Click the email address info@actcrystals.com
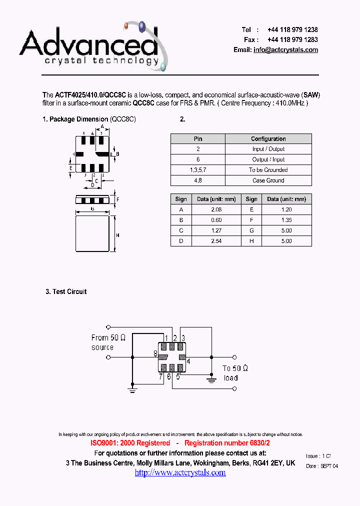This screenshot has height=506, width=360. click(285, 50)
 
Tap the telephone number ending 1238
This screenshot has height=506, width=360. click(292, 30)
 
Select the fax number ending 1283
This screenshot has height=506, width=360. click(292, 39)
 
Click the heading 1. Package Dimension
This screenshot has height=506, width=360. click(75, 119)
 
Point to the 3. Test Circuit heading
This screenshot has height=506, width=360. click(66, 291)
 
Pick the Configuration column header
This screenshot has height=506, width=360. click(268, 139)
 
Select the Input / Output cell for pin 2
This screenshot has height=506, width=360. click(268, 149)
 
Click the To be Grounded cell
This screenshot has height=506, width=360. click(268, 170)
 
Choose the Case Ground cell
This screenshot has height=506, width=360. click(268, 180)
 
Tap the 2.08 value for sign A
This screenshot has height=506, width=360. click(216, 210)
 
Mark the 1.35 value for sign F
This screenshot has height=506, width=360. click(286, 220)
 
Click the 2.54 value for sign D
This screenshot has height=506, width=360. click(216, 241)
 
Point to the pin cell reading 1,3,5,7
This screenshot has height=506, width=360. click(198, 170)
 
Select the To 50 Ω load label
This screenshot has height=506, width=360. click(235, 373)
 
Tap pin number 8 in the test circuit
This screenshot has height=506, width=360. click(156, 354)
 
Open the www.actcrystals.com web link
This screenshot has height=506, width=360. click(180, 472)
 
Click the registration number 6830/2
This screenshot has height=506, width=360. click(256, 443)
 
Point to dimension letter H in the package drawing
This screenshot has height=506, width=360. click(117, 235)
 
